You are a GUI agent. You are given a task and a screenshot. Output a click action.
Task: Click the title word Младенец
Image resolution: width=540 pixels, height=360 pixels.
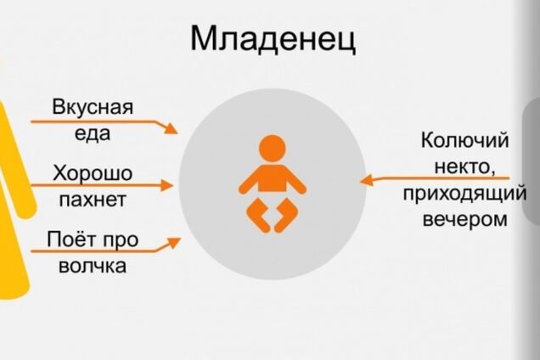273,39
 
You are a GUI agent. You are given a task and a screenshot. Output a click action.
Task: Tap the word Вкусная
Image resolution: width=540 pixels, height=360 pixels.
93,108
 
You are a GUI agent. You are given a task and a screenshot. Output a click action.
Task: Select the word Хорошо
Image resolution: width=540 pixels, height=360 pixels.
93,173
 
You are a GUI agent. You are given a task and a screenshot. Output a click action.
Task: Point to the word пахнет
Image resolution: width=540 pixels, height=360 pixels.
93,200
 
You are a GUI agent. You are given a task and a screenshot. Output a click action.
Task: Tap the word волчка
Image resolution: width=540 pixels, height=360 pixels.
93,266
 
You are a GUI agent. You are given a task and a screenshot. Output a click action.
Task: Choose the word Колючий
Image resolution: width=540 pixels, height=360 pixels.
464,140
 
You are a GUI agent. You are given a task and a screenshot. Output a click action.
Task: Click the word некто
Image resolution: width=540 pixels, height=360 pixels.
459,166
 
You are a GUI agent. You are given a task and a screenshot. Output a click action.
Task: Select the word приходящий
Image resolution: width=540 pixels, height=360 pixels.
464,193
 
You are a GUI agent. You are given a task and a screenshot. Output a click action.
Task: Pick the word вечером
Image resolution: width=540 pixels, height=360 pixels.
464,218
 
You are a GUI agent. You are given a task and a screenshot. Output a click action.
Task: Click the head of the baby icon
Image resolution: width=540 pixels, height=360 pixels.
272,147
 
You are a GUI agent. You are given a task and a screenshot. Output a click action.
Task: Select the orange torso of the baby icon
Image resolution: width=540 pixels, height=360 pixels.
272,177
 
